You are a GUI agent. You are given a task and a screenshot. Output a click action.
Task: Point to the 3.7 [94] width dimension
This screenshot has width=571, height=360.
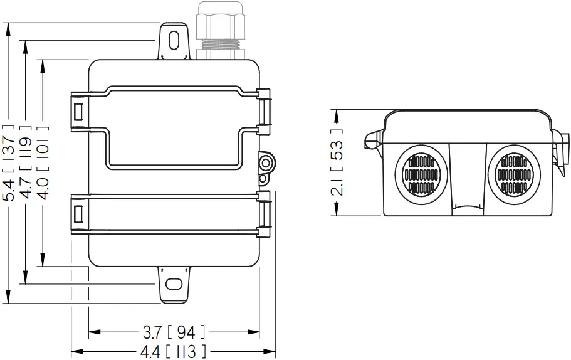(x=174, y=331)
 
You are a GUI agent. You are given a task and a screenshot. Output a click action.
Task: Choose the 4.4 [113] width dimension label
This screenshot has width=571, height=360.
(x=174, y=351)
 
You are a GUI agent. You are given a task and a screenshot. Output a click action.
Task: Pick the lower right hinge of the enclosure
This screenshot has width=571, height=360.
(x=266, y=214)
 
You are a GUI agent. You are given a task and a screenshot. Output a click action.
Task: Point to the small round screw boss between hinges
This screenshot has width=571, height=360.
(x=266, y=163)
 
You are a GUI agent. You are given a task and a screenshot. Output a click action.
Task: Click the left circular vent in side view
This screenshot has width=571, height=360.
(x=421, y=172)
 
